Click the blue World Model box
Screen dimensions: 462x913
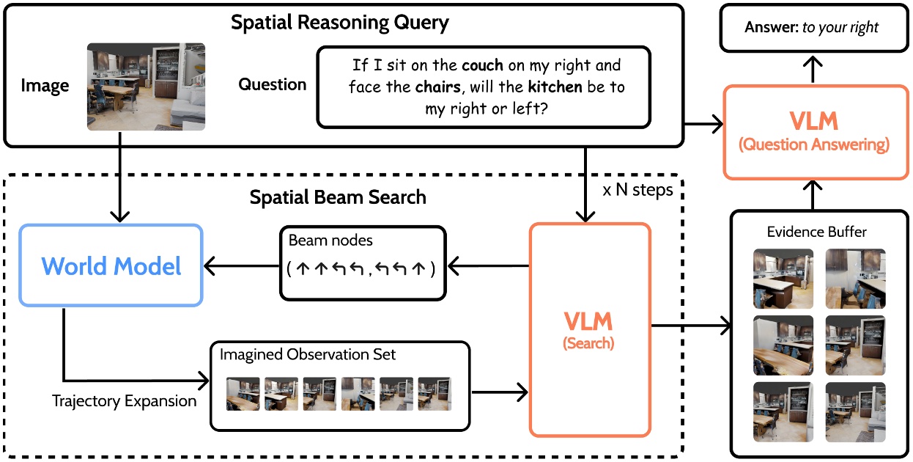pos(111,265)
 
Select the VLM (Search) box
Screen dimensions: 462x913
pos(589,330)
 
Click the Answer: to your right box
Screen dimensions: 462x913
pos(812,28)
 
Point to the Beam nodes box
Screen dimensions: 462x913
pos(362,263)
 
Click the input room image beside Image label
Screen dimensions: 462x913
pos(146,87)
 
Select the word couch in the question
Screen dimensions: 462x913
pos(482,65)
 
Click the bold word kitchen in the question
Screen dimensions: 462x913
pos(555,87)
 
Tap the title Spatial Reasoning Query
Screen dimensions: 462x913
pos(340,22)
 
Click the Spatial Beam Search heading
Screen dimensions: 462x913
pos(338,197)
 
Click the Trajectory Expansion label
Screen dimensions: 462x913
pos(125,401)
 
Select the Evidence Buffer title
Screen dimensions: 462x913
pos(817,232)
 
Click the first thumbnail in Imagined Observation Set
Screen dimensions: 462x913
pos(243,394)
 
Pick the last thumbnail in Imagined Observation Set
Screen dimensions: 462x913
pos(435,394)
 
